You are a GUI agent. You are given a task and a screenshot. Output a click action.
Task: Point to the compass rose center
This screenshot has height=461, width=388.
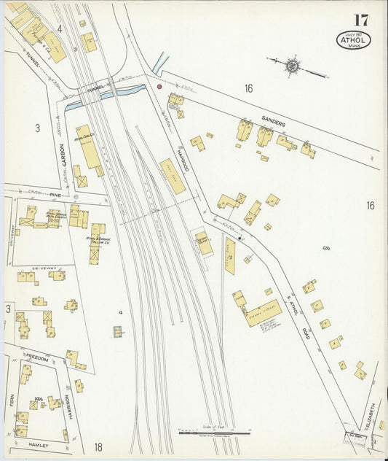click(293, 66)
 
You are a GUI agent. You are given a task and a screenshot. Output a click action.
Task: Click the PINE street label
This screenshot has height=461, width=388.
click(55, 195)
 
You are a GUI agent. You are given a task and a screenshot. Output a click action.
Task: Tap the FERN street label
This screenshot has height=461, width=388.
click(12, 400)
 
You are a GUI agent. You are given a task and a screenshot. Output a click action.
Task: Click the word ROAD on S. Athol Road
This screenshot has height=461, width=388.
click(306, 332)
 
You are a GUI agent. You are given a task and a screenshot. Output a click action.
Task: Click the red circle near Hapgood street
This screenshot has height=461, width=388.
click(159, 87)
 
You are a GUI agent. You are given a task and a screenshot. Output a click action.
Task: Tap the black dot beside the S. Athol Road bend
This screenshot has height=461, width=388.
click(239, 238)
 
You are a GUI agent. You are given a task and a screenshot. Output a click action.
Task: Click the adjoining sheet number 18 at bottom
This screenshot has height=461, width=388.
click(98, 446)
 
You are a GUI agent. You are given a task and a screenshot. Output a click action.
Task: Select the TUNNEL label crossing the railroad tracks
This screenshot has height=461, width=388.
click(95, 90)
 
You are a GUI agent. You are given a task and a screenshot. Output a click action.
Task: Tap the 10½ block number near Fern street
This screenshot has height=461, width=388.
click(39, 399)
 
